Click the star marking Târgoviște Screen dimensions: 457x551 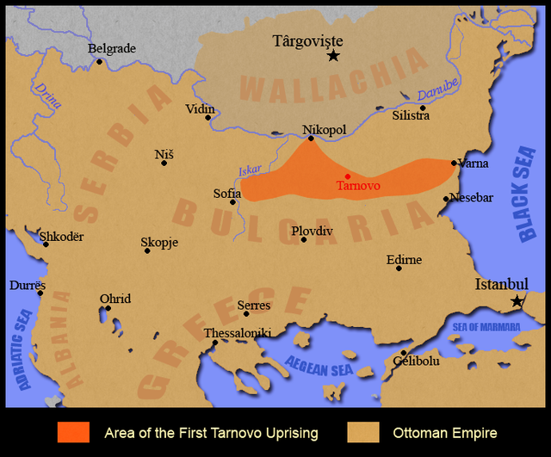(333, 56)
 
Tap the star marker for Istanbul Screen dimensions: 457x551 (517, 301)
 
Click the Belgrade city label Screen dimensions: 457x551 (112, 49)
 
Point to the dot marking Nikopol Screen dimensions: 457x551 (311, 138)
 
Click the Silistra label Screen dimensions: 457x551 (411, 115)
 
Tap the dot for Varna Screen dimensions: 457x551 (454, 163)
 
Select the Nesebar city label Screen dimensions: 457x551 (472, 198)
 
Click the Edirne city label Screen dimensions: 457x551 (404, 259)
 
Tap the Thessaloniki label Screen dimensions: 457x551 (238, 333)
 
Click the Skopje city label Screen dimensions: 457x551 (159, 243)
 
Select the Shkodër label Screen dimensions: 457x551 (62, 237)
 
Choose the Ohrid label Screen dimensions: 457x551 (115, 299)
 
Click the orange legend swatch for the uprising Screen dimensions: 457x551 (73, 432)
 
